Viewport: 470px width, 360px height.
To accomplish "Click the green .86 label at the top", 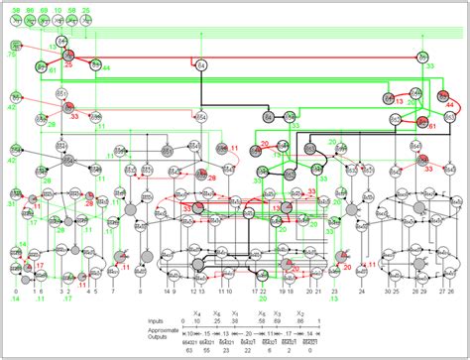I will point(32,9).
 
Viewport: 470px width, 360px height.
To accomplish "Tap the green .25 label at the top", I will point(86,9).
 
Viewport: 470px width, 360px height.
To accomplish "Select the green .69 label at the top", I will point(45,9).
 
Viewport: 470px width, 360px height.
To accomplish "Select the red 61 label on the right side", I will point(432,126).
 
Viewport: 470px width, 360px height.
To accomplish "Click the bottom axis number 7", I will point(114,293).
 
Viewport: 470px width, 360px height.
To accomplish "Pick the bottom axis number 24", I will point(361,293).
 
